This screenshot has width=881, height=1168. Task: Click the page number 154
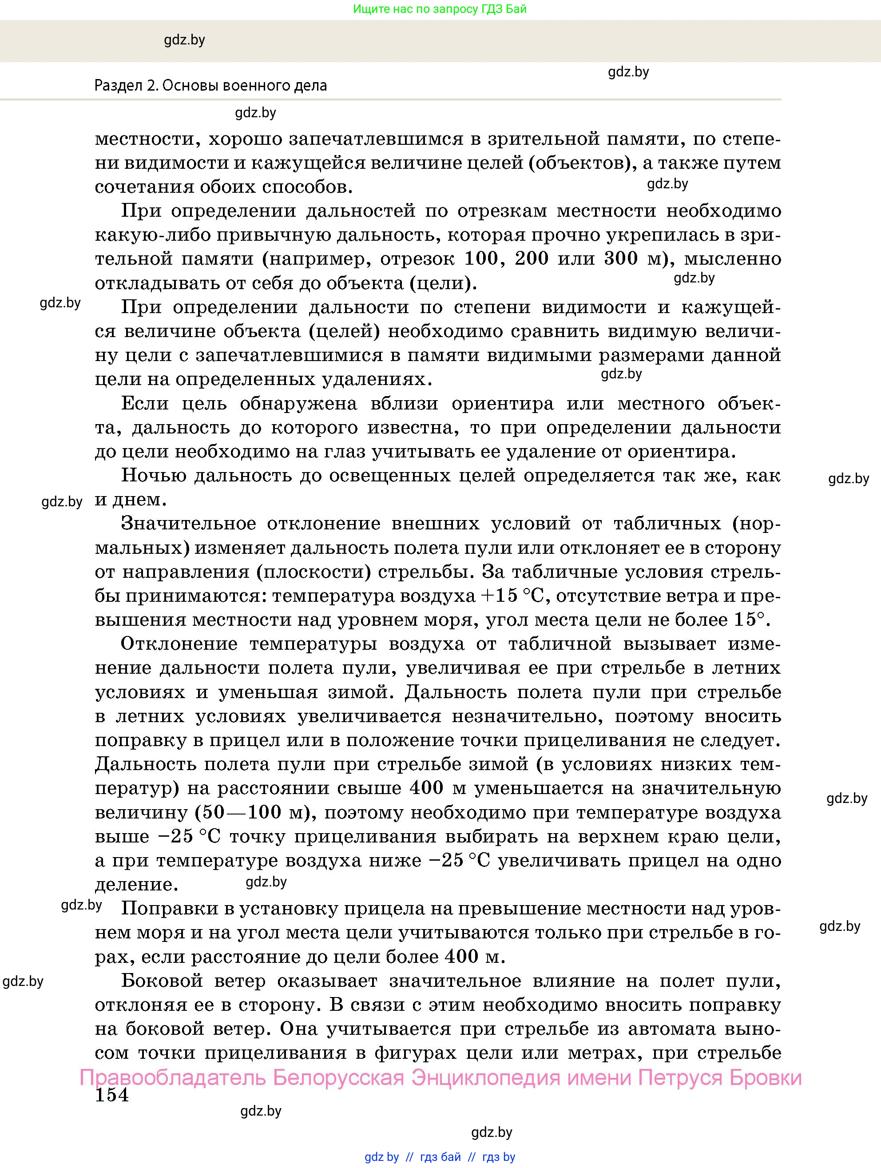(112, 1095)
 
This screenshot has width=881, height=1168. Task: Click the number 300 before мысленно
(615, 259)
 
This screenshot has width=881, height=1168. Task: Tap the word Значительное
(188, 523)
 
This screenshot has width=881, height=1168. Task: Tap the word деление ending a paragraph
(134, 885)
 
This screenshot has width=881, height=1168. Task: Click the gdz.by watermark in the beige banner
(184, 40)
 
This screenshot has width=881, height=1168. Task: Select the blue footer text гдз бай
(440, 1156)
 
